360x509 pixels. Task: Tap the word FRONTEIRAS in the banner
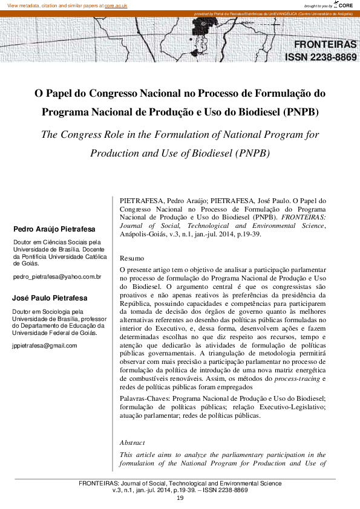click(x=325, y=45)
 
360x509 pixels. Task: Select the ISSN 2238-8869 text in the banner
click(x=321, y=58)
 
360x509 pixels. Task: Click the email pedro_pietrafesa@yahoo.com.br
click(x=57, y=277)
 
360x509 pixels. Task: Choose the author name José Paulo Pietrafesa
click(x=50, y=298)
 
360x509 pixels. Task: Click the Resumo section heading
click(x=132, y=258)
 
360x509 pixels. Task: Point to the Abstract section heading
click(x=133, y=443)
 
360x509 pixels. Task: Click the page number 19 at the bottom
click(x=180, y=498)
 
